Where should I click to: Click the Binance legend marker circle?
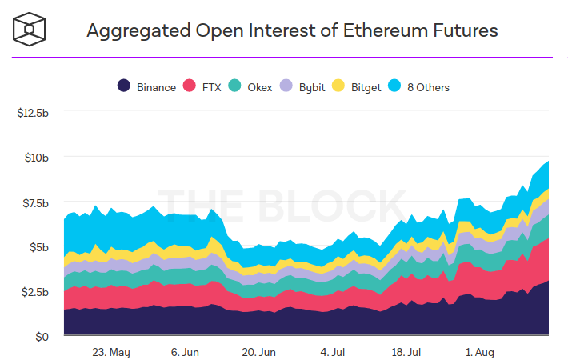tap(125, 86)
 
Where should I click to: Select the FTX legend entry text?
tap(210, 87)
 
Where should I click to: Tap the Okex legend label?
tap(261, 87)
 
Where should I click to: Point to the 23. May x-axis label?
tap(110, 351)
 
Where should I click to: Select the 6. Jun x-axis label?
tap(185, 351)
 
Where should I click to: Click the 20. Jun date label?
tap(258, 351)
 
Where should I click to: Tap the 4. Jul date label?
tap(332, 351)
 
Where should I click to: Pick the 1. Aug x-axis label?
tap(479, 351)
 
